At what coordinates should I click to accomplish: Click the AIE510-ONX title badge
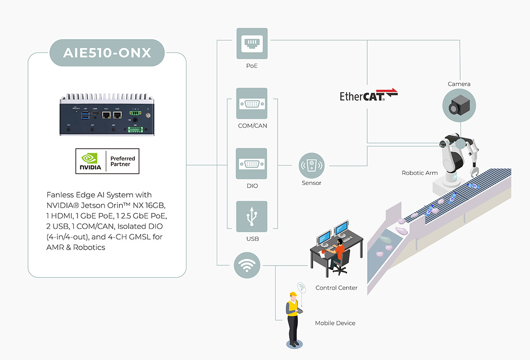(x=107, y=53)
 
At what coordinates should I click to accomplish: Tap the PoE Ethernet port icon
(x=252, y=43)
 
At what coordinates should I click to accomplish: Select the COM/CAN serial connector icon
(x=252, y=103)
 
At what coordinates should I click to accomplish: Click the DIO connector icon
(x=252, y=163)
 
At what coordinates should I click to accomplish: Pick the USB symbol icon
(x=252, y=217)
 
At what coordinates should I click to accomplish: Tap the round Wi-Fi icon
(x=247, y=265)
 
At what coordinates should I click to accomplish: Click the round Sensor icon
(x=311, y=166)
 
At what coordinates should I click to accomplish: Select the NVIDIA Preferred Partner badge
(x=107, y=161)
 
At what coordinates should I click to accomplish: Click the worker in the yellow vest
(x=292, y=318)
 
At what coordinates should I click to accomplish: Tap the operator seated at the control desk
(x=339, y=253)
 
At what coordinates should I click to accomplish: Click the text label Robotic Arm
(x=420, y=173)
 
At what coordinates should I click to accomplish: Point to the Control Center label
(x=336, y=288)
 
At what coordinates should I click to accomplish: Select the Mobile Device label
(x=335, y=323)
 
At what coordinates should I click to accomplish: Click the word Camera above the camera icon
(x=459, y=84)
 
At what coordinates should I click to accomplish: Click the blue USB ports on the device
(x=86, y=116)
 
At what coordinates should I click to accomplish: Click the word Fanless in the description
(x=60, y=195)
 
